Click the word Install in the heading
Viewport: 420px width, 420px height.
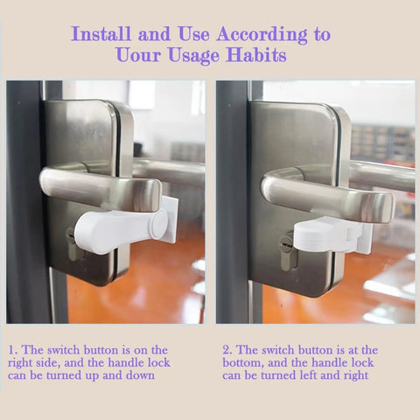point(102,35)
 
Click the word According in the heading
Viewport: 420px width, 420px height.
point(259,35)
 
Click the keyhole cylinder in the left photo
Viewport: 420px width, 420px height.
point(71,243)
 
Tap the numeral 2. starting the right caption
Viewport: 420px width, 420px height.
point(226,349)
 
